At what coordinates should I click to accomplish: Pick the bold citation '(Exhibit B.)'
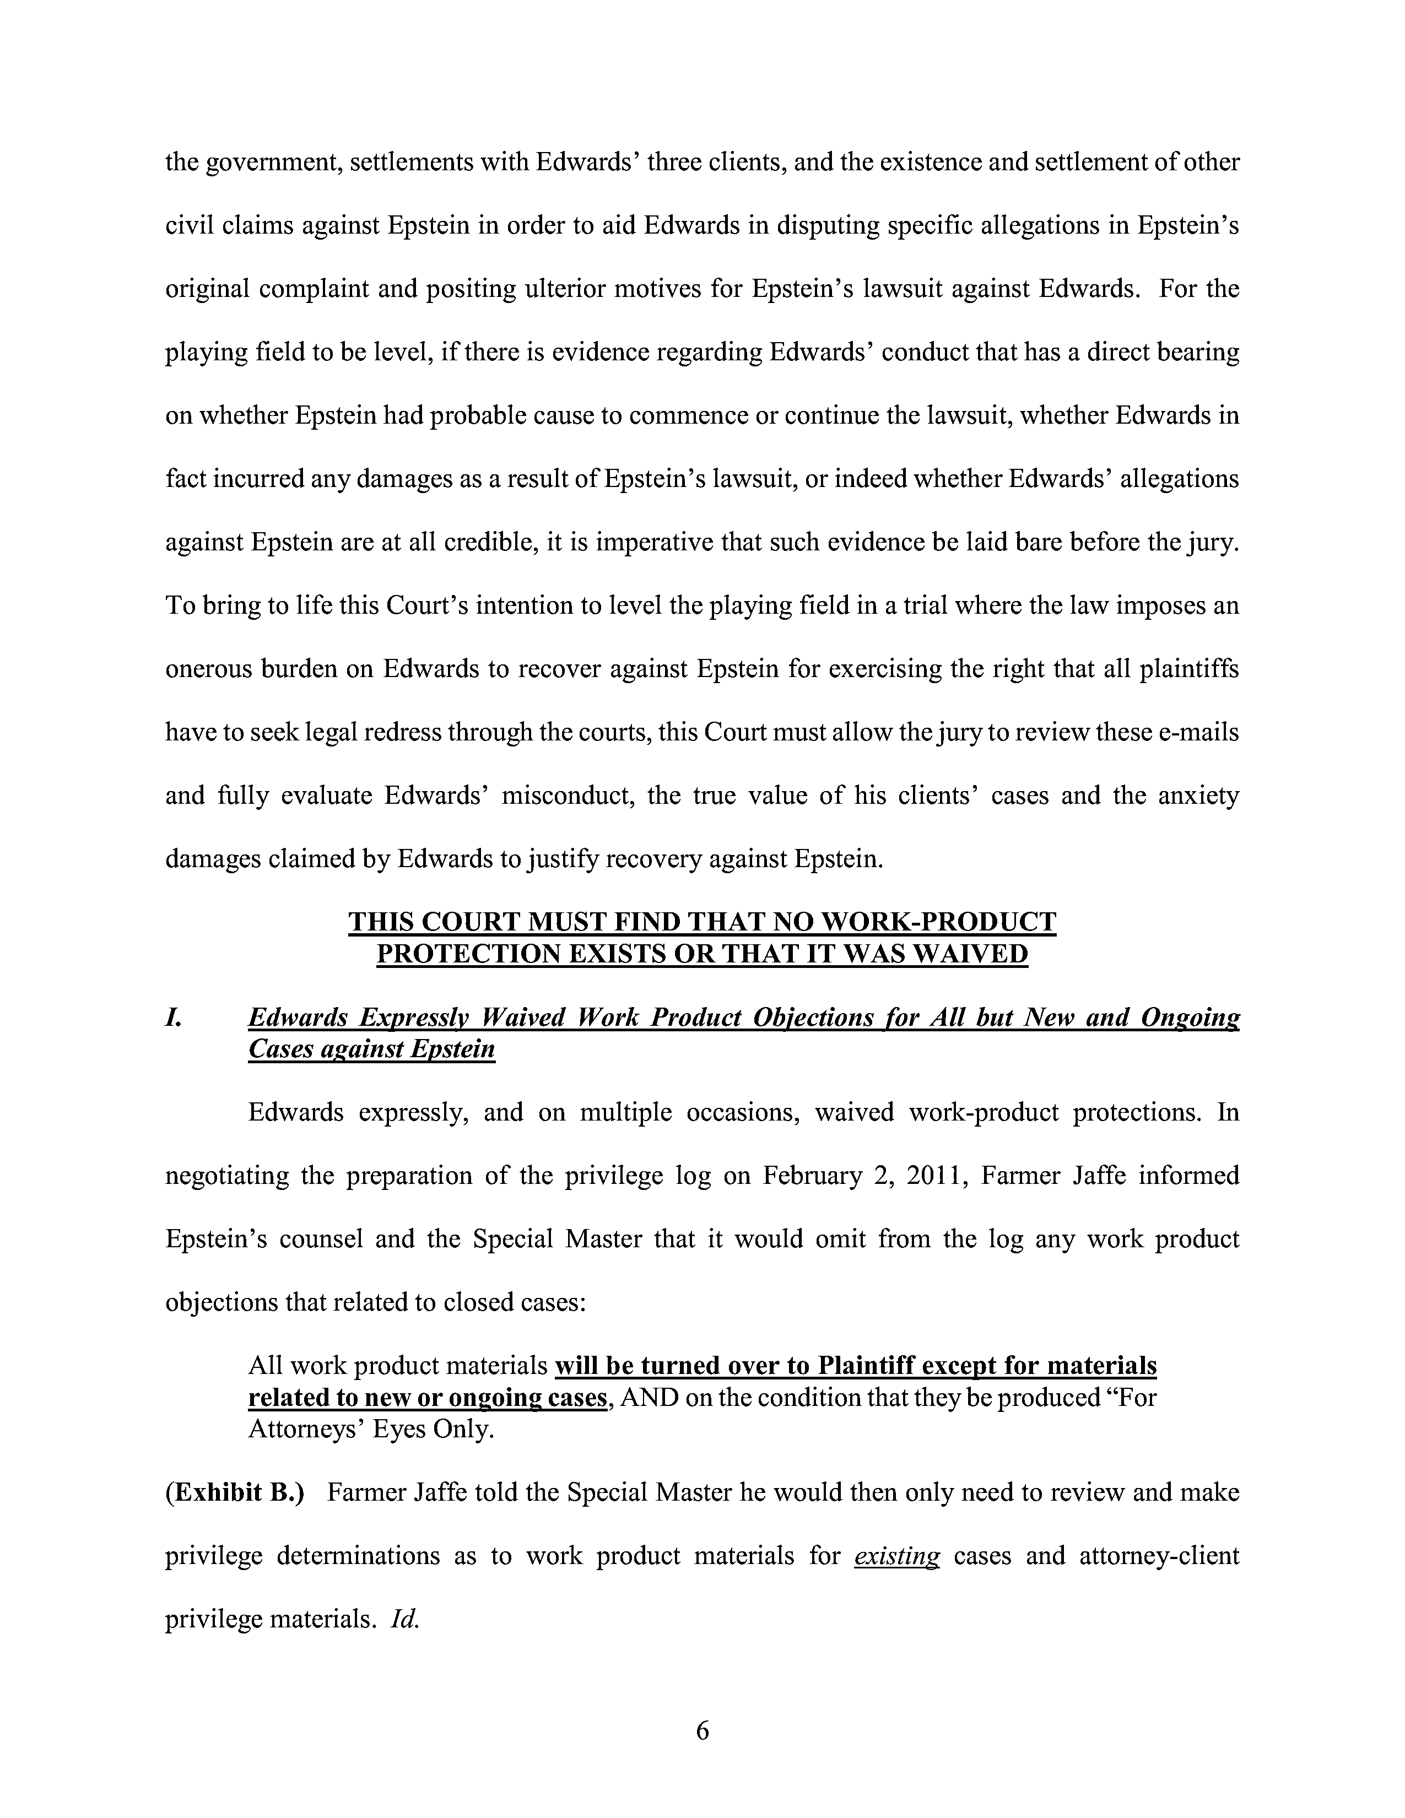coord(236,1492)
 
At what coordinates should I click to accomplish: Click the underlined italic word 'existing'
coord(896,1556)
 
